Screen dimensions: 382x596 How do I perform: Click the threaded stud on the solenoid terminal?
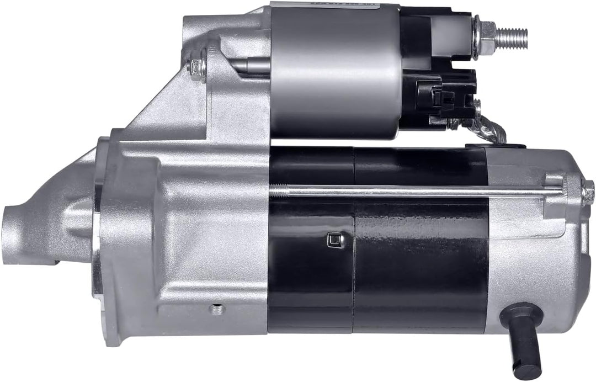click(x=510, y=37)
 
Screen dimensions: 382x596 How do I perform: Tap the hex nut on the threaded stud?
click(x=482, y=37)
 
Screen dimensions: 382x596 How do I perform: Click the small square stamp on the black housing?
click(x=333, y=239)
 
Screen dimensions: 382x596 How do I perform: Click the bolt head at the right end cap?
click(x=588, y=193)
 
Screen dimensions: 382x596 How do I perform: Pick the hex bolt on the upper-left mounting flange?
click(x=198, y=67)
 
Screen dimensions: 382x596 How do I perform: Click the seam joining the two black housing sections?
click(x=354, y=243)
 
